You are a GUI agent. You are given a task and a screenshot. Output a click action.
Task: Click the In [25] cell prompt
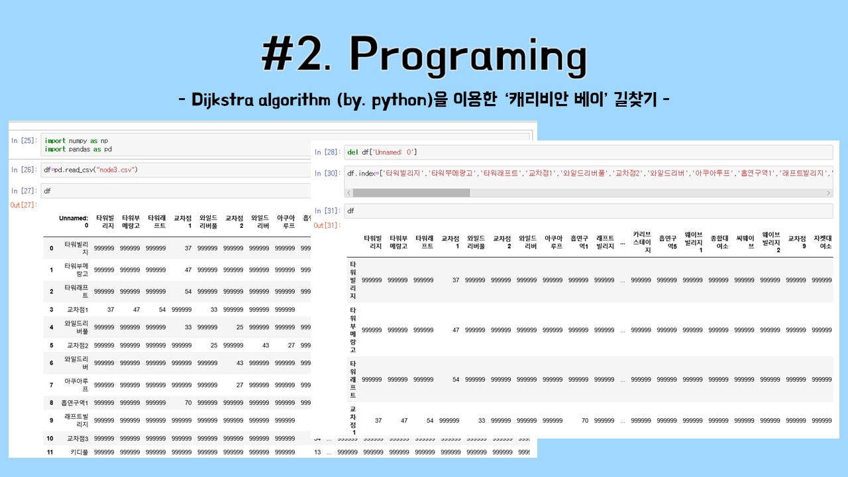click(23, 140)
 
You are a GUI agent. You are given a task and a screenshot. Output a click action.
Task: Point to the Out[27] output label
click(23, 205)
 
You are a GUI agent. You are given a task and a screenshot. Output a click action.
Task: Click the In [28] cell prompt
click(327, 152)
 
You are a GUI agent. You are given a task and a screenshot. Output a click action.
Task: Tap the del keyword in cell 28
click(352, 152)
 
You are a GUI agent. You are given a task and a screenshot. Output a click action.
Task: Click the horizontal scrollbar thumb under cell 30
click(411, 193)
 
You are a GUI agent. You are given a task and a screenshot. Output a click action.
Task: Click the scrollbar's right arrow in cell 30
click(828, 193)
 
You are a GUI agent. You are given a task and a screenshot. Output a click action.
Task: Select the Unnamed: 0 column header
click(74, 221)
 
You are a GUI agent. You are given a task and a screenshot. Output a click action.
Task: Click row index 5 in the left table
click(51, 345)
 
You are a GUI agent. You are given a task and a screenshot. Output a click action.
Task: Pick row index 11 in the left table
click(50, 452)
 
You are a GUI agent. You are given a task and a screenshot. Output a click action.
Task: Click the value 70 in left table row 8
click(187, 403)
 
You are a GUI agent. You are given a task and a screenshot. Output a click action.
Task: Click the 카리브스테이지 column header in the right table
click(642, 242)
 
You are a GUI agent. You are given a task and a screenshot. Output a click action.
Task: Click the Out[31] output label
click(327, 225)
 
